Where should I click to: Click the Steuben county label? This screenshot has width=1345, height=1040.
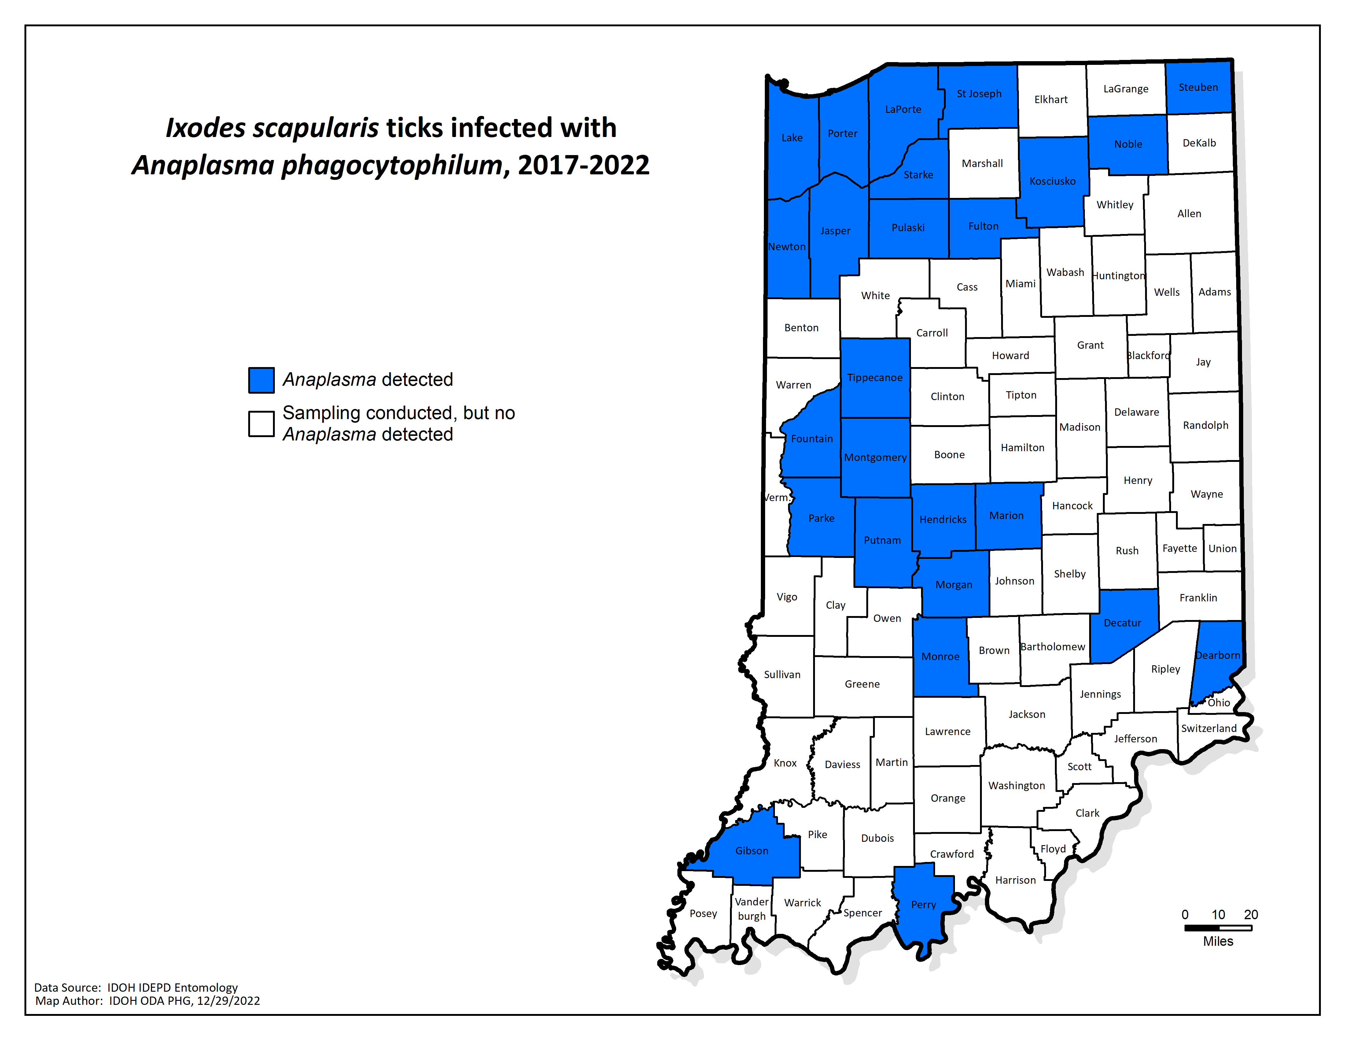tap(1198, 87)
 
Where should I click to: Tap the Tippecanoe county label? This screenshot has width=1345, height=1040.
tap(875, 378)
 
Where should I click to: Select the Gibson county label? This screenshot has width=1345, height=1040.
tap(751, 851)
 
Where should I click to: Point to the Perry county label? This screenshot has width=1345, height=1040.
tap(923, 904)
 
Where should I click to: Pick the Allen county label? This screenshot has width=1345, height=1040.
tap(1188, 214)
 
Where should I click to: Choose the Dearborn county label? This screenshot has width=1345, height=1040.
tap(1218, 656)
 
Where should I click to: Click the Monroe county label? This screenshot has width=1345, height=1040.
tap(940, 657)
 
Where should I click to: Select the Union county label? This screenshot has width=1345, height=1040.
tap(1222, 548)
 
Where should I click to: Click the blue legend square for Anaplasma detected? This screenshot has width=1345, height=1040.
tap(261, 380)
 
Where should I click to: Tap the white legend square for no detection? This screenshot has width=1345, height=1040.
tap(261, 424)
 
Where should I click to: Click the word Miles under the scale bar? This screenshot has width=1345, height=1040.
tap(1218, 942)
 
